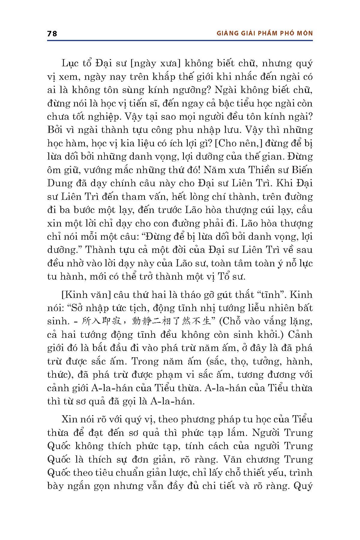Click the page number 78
point(52,33)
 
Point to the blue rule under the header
point(180,40)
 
